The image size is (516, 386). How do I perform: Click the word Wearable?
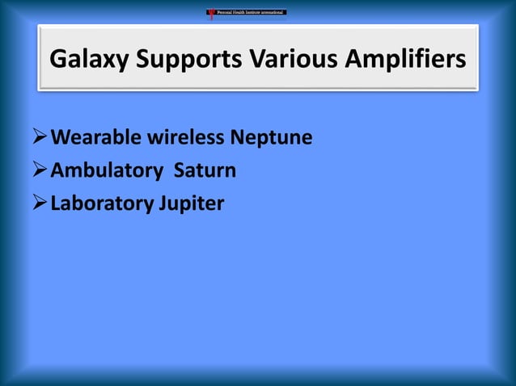tap(96, 138)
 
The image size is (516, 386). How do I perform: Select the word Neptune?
tap(271, 138)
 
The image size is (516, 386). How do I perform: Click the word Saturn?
tap(205, 171)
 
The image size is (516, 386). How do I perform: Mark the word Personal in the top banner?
tap(226, 12)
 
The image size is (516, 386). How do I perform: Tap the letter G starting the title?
tap(57, 61)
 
